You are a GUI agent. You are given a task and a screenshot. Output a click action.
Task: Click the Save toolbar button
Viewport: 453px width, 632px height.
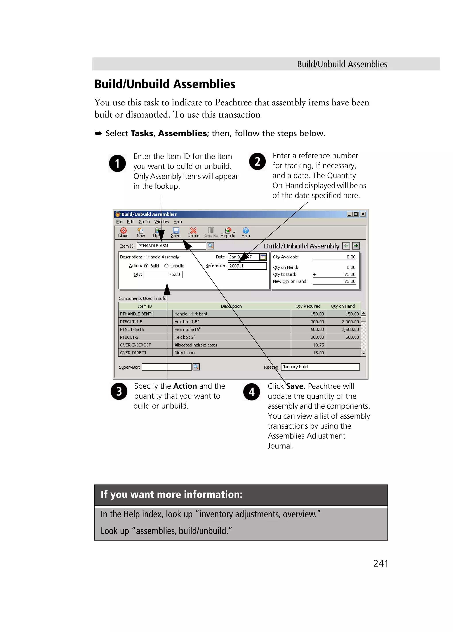pyautogui.click(x=175, y=232)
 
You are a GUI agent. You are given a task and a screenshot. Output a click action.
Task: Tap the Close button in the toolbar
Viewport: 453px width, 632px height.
pyautogui.click(x=123, y=232)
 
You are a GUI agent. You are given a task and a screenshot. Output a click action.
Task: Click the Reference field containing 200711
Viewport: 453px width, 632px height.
pyautogui.click(x=247, y=266)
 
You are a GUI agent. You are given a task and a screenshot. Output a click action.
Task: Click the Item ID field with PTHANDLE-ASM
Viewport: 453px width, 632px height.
pyautogui.click(x=171, y=246)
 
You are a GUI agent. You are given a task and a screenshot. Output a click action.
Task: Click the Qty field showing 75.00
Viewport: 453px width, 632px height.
pyautogui.click(x=163, y=275)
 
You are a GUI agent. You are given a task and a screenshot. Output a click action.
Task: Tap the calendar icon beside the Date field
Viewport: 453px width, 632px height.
pyautogui.click(x=263, y=257)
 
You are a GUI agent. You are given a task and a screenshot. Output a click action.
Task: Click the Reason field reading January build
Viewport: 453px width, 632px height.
pyautogui.click(x=320, y=367)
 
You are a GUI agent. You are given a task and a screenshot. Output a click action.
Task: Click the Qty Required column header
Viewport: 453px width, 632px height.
pyautogui.click(x=308, y=306)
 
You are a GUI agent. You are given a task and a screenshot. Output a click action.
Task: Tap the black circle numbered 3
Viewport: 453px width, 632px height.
pyautogui.click(x=119, y=391)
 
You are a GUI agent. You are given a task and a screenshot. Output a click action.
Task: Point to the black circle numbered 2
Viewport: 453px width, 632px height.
pyautogui.click(x=257, y=161)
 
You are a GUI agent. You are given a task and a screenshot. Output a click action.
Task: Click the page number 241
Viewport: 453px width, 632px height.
pyautogui.click(x=380, y=563)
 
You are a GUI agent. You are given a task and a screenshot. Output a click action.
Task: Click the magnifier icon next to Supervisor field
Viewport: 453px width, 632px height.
pyautogui.click(x=196, y=367)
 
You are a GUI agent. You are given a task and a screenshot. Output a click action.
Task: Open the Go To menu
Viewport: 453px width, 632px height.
pyautogui.click(x=144, y=221)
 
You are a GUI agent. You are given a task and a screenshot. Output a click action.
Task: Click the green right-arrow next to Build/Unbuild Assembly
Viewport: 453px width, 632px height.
pyautogui.click(x=356, y=246)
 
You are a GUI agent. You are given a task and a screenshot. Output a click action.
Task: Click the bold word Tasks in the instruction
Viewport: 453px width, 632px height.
pyautogui.click(x=142, y=134)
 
